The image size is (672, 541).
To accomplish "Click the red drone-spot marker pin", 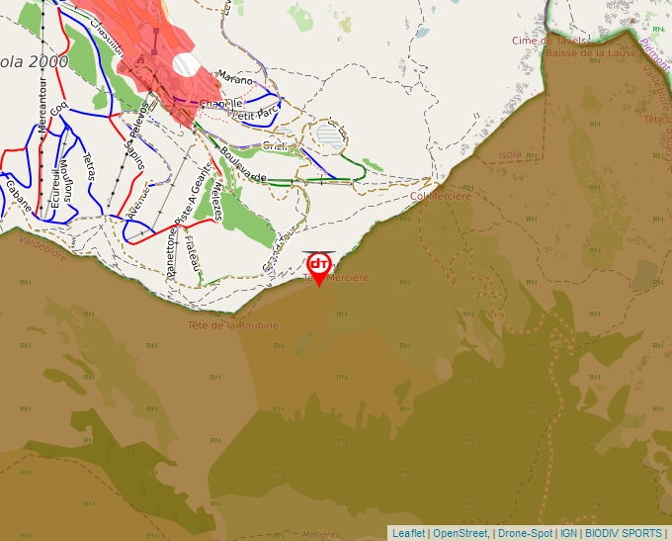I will point(319,268).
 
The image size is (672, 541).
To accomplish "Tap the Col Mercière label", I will point(440,196).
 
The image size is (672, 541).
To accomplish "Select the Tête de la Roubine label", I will point(233,324).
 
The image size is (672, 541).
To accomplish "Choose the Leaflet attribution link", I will point(408,533).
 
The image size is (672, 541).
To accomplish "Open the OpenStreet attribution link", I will point(460,533).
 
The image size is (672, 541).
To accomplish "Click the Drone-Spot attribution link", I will point(525,533).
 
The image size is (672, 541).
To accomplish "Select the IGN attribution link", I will point(569,533).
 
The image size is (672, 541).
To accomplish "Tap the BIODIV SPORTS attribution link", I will point(624,533).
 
